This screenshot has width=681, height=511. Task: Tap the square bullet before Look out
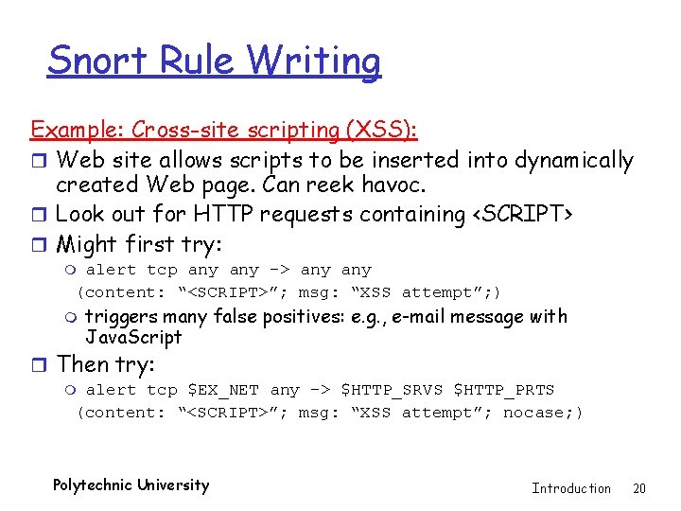(39, 216)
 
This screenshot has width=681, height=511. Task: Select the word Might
(90, 244)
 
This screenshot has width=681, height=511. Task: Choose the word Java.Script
(133, 338)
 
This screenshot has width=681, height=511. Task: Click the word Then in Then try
(82, 364)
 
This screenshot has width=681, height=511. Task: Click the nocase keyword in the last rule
(523, 413)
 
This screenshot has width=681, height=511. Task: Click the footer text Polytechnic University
(131, 485)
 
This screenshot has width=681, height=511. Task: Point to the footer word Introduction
(571, 488)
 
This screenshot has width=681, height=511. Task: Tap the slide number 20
(639, 488)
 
